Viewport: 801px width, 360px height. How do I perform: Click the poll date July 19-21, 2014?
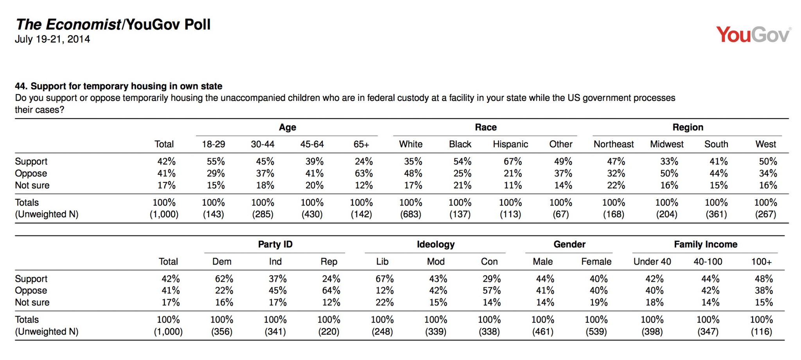pos(52,39)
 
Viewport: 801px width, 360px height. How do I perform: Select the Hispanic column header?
pos(510,144)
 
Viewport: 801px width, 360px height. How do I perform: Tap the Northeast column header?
pos(614,144)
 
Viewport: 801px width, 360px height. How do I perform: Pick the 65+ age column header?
pos(361,144)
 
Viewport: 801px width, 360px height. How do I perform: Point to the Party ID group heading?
pos(275,244)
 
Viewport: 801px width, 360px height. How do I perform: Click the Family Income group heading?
pos(706,244)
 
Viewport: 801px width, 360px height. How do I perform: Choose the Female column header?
pos(596,261)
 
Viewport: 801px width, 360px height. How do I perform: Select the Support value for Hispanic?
pos(513,161)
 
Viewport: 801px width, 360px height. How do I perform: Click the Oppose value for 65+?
pos(364,173)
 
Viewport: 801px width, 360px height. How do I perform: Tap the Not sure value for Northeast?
pos(616,185)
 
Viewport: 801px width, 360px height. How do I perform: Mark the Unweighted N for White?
pos(411,214)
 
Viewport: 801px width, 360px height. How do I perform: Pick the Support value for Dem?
pos(224,279)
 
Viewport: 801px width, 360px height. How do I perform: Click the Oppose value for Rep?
pos(331,290)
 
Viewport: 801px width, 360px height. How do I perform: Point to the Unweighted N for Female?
pos(596,331)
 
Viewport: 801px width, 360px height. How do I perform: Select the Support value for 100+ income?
pos(764,279)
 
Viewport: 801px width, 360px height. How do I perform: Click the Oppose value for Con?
pos(492,290)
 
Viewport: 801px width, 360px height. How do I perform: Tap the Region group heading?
pos(688,127)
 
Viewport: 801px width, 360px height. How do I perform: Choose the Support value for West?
pos(768,161)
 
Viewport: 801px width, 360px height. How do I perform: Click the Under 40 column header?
pos(652,261)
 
